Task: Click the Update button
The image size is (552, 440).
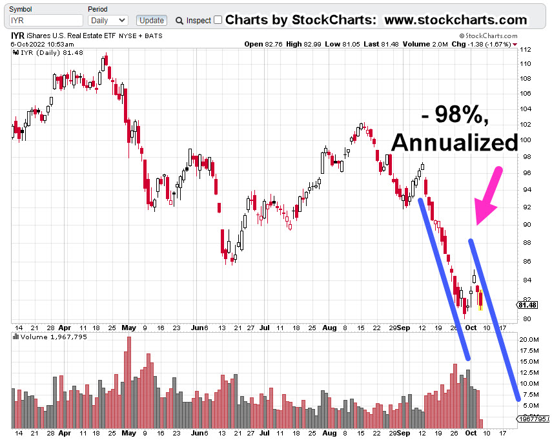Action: [x=152, y=21]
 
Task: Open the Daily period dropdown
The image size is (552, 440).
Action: [x=107, y=21]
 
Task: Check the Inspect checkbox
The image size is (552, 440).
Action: [x=218, y=20]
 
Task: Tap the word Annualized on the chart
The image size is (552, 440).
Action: [x=455, y=142]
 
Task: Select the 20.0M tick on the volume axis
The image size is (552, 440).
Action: [x=530, y=339]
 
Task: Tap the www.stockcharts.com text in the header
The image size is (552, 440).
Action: [x=456, y=20]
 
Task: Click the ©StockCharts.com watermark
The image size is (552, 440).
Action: [x=488, y=36]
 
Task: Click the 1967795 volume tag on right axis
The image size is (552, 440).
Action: [x=533, y=419]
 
